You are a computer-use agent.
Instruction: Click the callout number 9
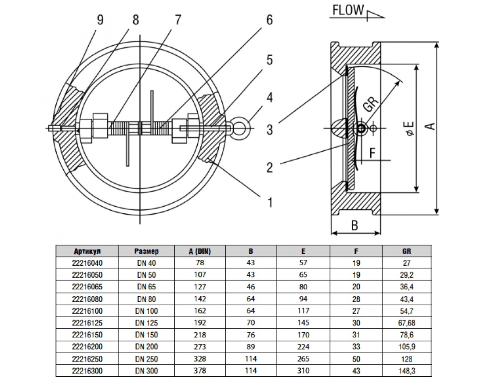(99, 20)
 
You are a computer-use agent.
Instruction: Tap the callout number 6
(269, 20)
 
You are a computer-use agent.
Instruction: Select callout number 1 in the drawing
(269, 202)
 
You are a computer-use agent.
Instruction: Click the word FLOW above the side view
(348, 10)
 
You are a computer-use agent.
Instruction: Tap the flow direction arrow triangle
(375, 15)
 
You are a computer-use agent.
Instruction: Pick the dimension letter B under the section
(354, 225)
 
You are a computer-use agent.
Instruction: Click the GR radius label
(370, 105)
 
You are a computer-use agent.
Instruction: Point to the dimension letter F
(373, 153)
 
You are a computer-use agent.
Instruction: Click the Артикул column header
(86, 251)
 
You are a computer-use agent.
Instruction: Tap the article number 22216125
(86, 323)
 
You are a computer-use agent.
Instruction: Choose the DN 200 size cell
(146, 347)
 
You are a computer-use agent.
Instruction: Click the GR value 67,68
(407, 323)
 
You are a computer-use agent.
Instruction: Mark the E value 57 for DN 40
(303, 263)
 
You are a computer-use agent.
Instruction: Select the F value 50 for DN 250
(356, 359)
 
